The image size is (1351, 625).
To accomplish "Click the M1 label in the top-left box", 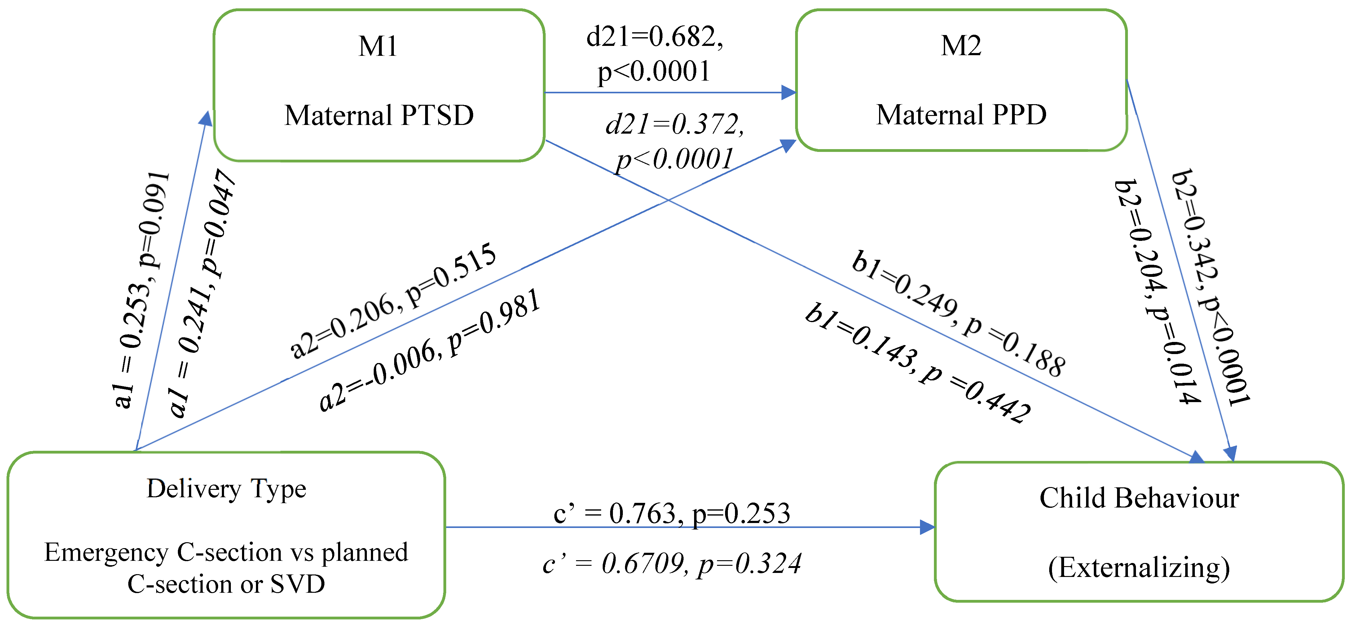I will point(378,46).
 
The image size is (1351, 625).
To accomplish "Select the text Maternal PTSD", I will point(379,115).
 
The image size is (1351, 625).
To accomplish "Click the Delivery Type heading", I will point(226,489).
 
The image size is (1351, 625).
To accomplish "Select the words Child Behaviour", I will point(1139,498).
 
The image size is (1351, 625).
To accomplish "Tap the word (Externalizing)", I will point(1139,568).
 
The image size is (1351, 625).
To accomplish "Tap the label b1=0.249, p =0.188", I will point(958,313).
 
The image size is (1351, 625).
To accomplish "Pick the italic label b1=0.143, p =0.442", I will point(918,362).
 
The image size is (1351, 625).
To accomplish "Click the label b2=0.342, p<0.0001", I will point(1210,288).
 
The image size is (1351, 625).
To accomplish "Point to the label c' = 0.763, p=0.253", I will point(671,513).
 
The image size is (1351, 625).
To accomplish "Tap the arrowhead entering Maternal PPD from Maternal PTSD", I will point(788,93).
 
